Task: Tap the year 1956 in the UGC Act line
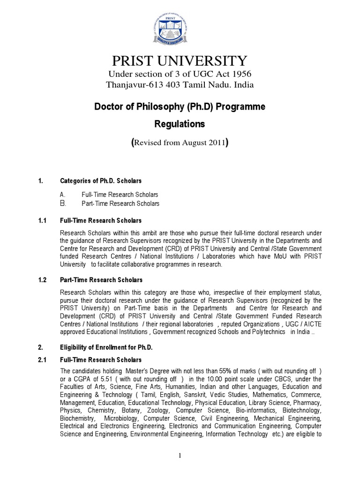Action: tap(237, 75)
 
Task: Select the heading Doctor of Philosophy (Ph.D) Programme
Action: tap(180, 107)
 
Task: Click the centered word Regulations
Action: tap(180, 125)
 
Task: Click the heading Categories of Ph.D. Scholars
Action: tap(101, 180)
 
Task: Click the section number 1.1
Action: tap(43, 220)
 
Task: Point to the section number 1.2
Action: tap(43, 280)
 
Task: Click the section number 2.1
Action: tap(43, 360)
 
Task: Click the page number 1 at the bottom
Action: tap(180, 457)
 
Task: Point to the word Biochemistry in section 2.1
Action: tap(76, 418)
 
